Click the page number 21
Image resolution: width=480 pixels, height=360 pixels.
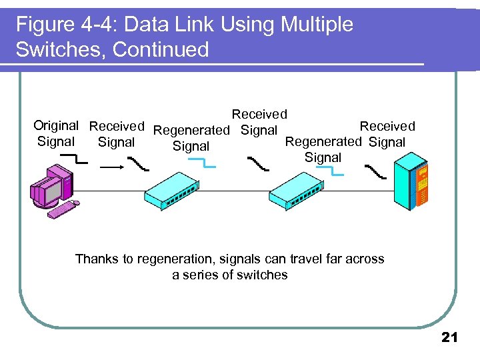pos(450,338)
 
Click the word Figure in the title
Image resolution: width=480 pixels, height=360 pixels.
pos(42,25)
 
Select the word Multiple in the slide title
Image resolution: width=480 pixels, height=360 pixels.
pos(317,25)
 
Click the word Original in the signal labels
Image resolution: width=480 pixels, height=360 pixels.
pos(56,125)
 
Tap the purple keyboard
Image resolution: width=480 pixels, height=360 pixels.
pos(63,209)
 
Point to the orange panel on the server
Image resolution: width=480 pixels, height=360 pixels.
pos(421,187)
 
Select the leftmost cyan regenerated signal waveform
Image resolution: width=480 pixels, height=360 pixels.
pos(203,163)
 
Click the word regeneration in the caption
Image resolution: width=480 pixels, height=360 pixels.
pos(168,259)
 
